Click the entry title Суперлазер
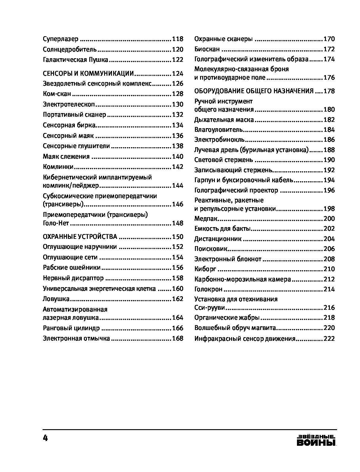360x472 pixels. (x=61, y=39)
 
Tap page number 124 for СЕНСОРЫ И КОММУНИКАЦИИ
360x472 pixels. (x=177, y=74)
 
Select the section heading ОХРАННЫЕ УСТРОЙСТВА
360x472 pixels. (x=80, y=236)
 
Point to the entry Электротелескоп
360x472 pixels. (x=69, y=104)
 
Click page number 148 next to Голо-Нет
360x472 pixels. (x=177, y=223)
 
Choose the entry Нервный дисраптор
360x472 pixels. (x=73, y=278)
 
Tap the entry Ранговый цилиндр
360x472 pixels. (x=71, y=328)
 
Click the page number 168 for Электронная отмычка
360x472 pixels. (x=177, y=338)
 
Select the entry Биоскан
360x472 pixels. (x=207, y=49)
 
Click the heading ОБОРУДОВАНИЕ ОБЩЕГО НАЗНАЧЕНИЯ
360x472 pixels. (x=254, y=91)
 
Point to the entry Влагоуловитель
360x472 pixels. (x=218, y=130)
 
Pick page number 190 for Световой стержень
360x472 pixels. (x=329, y=160)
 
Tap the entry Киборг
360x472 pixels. (x=205, y=269)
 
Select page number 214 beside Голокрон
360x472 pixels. (x=329, y=289)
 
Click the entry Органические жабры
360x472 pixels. (x=227, y=318)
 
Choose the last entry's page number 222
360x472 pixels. (x=329, y=339)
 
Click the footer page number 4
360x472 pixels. (x=45, y=438)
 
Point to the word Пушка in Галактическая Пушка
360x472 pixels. (x=98, y=60)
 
